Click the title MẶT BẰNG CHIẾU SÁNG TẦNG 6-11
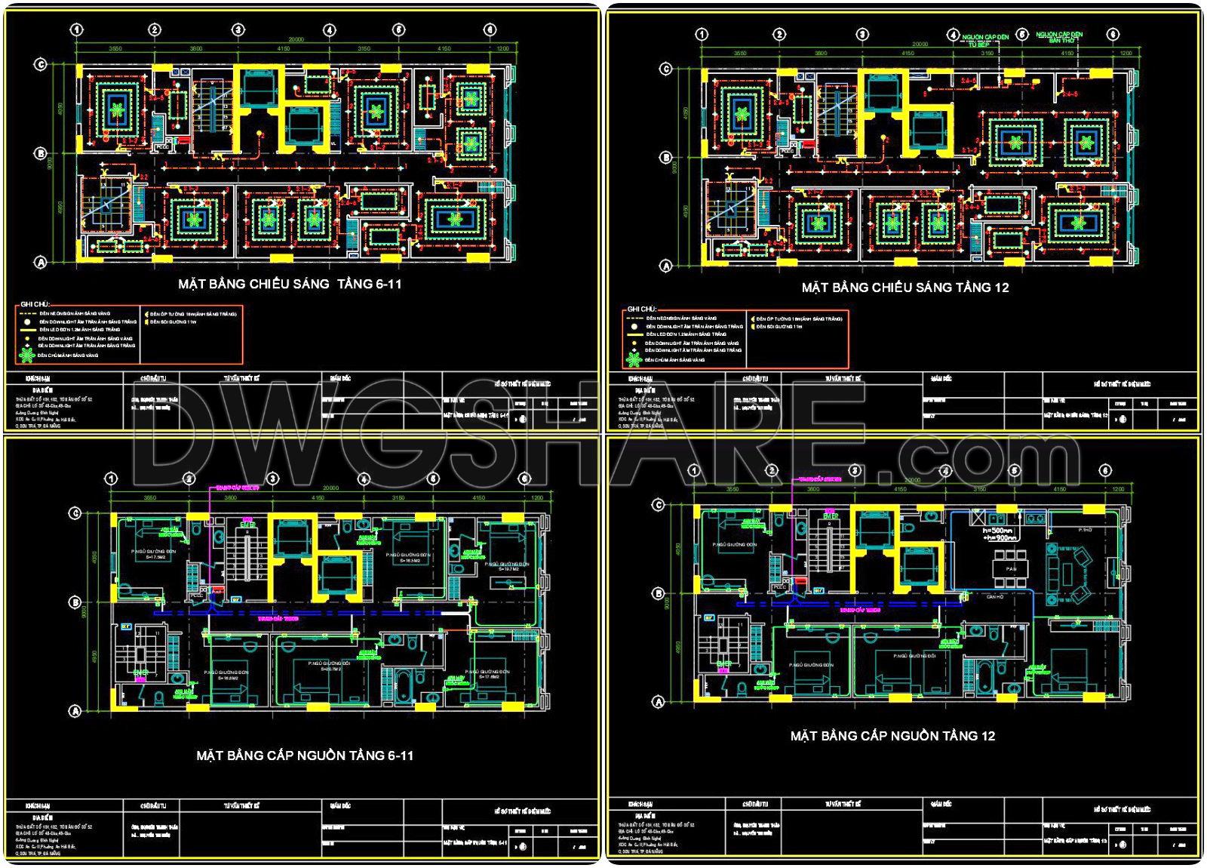pyautogui.click(x=290, y=285)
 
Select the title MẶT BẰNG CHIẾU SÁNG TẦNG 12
pyautogui.click(x=904, y=288)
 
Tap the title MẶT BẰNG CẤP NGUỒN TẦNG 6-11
pyautogui.click(x=305, y=756)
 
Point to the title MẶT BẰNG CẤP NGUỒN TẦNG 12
pyautogui.click(x=892, y=736)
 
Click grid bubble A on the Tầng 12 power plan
pyautogui.click(x=658, y=702)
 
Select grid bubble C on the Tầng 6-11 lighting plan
pyautogui.click(x=41, y=65)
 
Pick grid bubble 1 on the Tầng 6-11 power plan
pyautogui.click(x=112, y=479)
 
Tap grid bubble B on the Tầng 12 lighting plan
pyautogui.click(x=665, y=158)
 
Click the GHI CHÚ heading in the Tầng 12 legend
pyautogui.click(x=641, y=309)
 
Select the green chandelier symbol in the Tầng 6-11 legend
pyautogui.click(x=27, y=355)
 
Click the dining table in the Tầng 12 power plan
pyautogui.click(x=1011, y=568)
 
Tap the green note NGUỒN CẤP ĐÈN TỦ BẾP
pyautogui.click(x=985, y=40)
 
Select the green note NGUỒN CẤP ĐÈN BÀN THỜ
pyautogui.click(x=1059, y=37)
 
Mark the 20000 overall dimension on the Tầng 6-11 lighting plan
pyautogui.click(x=295, y=40)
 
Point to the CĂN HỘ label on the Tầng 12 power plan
pyautogui.click(x=995, y=597)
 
